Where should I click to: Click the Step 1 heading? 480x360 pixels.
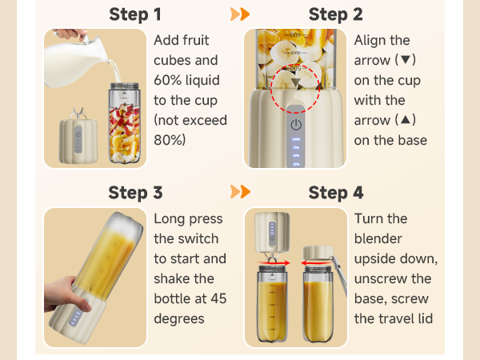pyautogui.click(x=135, y=14)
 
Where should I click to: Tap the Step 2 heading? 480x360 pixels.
pyautogui.click(x=335, y=14)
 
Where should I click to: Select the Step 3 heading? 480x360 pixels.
pyautogui.click(x=135, y=193)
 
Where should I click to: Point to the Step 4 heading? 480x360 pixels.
pyautogui.click(x=336, y=193)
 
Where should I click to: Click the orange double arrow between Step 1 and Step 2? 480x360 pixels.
pyautogui.click(x=240, y=14)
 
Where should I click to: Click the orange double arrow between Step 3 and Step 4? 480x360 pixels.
pyautogui.click(x=240, y=192)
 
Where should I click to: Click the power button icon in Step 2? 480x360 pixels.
pyautogui.click(x=296, y=125)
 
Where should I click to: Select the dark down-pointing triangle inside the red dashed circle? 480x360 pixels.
pyautogui.click(x=295, y=82)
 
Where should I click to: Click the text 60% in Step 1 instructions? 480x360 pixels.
pyautogui.click(x=168, y=80)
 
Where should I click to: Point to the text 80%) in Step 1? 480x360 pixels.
pyautogui.click(x=170, y=140)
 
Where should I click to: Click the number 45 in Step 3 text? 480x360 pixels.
pyautogui.click(x=218, y=298)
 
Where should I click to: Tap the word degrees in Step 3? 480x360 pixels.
pyautogui.click(x=179, y=319)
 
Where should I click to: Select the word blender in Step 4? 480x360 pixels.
pyautogui.click(x=378, y=238)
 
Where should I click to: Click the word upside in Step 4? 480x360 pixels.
pyautogui.click(x=374, y=259)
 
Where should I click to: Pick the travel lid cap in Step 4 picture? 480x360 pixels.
pyautogui.click(x=318, y=253)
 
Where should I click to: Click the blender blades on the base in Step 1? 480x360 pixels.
pyautogui.click(x=78, y=113)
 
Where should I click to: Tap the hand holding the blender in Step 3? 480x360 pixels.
pyautogui.click(x=66, y=294)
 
